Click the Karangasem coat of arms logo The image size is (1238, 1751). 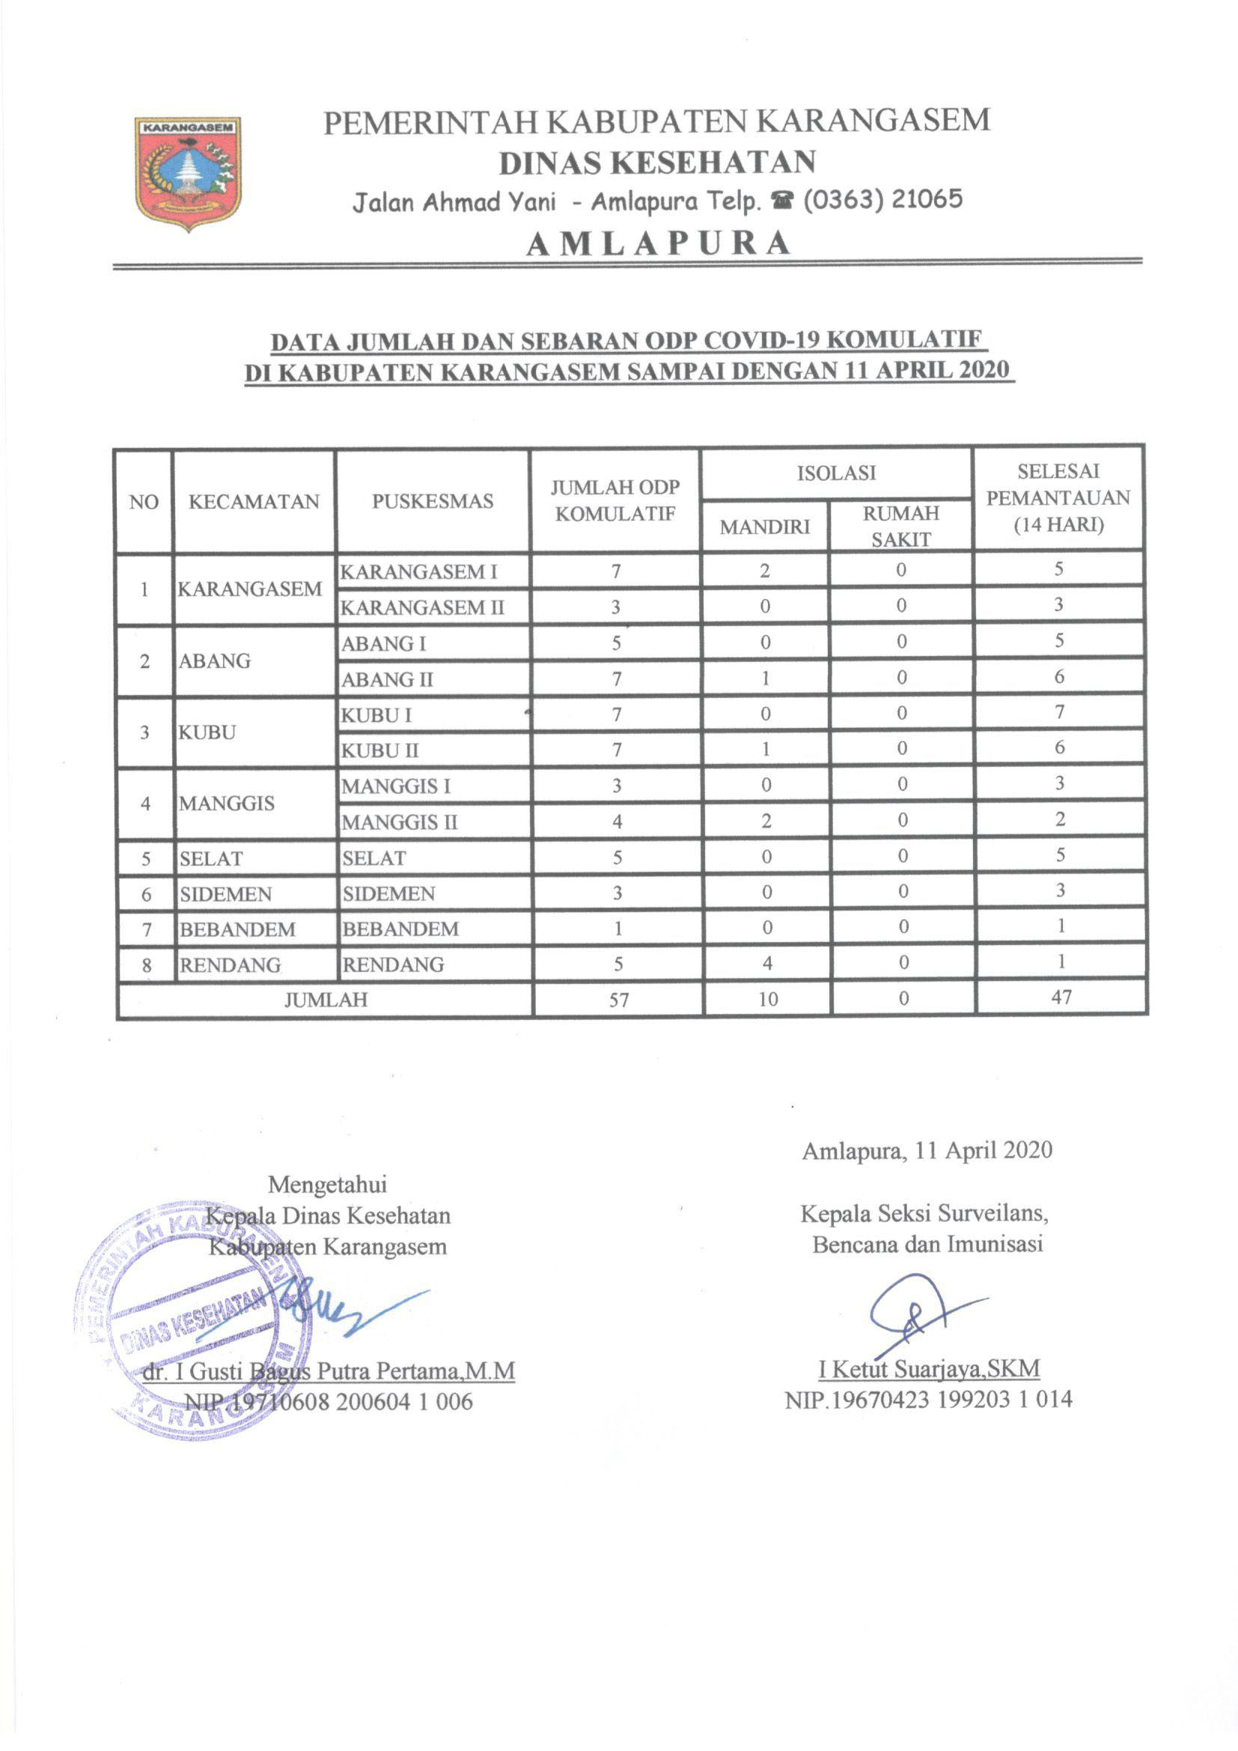point(189,173)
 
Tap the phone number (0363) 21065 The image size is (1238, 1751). point(882,200)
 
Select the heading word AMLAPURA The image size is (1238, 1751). point(659,243)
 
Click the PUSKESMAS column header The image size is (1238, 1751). point(432,501)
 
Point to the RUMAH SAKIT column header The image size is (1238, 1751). point(900,526)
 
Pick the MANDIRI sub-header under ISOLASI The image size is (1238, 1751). point(764,527)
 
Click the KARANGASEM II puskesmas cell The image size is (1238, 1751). point(421,608)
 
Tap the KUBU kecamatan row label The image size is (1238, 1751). point(207,732)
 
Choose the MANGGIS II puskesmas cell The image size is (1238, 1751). point(399,822)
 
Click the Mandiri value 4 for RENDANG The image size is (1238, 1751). point(767,964)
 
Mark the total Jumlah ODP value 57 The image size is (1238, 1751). point(618,1000)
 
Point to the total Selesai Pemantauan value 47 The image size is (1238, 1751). point(1061,997)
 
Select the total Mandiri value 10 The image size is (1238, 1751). point(768,999)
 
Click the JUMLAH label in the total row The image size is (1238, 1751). point(326,1000)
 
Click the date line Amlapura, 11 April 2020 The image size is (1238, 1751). point(926,1171)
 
